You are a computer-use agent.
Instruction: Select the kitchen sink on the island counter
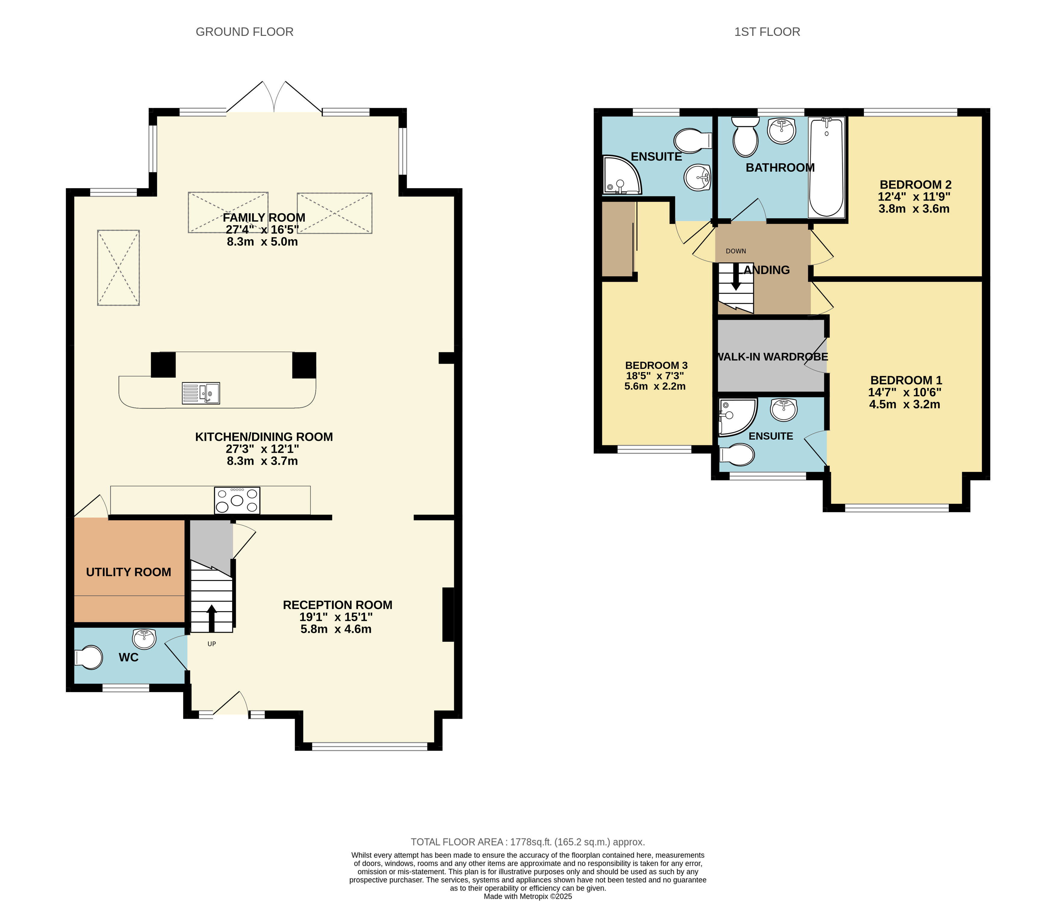point(201,393)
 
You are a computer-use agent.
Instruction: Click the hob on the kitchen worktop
point(237,500)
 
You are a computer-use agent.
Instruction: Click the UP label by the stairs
point(211,644)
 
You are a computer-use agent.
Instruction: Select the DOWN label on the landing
point(736,251)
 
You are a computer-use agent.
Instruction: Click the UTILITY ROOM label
point(129,572)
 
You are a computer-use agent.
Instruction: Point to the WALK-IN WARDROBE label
point(772,357)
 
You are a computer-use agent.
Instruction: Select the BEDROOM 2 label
point(915,185)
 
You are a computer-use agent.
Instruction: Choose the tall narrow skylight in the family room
point(119,268)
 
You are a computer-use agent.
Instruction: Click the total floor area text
point(528,842)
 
